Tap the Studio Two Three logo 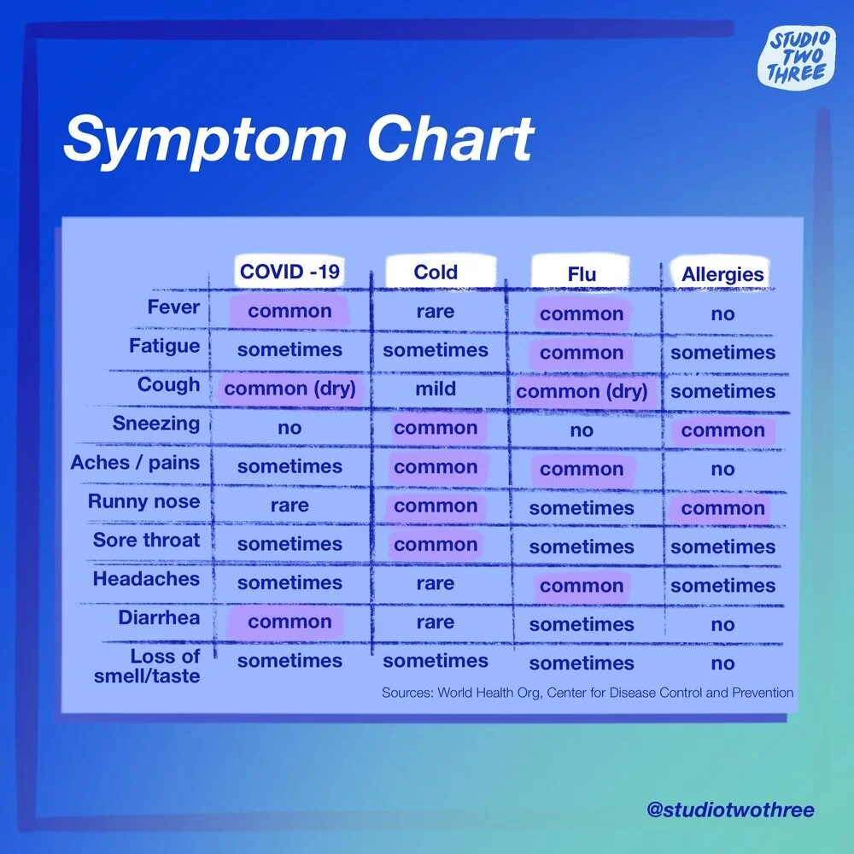point(797,56)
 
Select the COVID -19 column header point(290,272)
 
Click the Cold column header point(436,272)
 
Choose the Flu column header point(582,275)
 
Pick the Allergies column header point(722,275)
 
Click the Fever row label point(173,307)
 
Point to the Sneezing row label point(156,424)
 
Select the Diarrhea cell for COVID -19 point(290,622)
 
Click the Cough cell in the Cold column point(436,389)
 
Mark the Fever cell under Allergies point(722,314)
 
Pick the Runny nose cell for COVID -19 point(290,506)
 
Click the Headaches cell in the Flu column point(582,587)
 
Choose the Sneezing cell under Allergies point(722,430)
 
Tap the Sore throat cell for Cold point(436,545)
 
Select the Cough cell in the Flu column point(582,392)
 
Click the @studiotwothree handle point(729,810)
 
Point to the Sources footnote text point(588,693)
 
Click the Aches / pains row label point(135,463)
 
